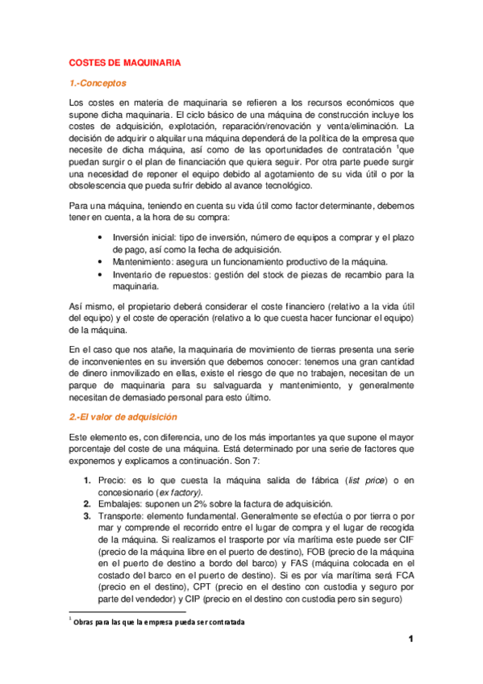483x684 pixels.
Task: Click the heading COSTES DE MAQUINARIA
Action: [124, 62]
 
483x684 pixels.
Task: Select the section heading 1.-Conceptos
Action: [98, 83]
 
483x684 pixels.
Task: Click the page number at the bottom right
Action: [410, 640]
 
